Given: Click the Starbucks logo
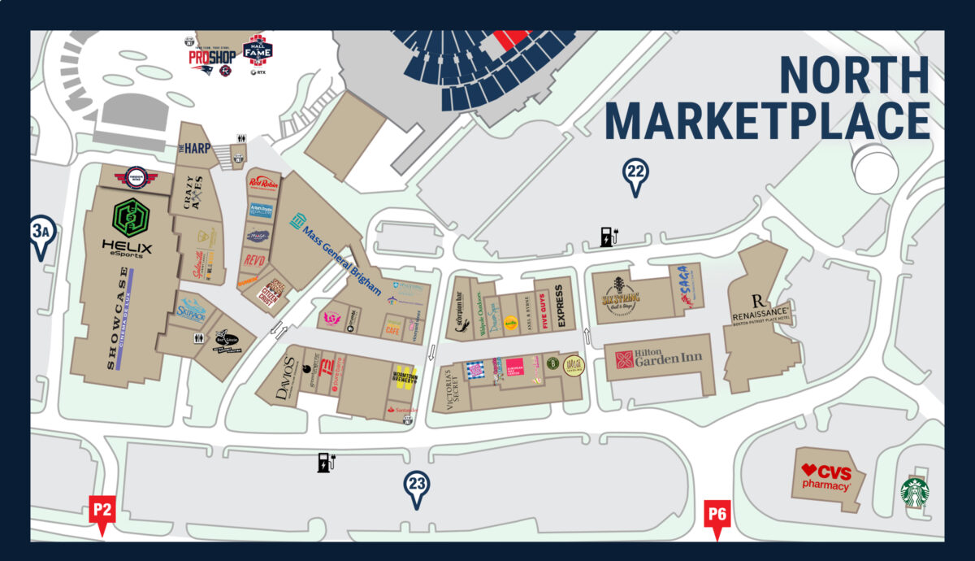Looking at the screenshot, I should pyautogui.click(x=915, y=493).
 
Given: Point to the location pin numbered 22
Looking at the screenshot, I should pyautogui.click(x=635, y=176).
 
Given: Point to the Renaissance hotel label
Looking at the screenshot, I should pyautogui.click(x=760, y=310).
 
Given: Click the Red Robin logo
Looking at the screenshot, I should pyautogui.click(x=264, y=183).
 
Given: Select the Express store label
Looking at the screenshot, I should pyautogui.click(x=561, y=306).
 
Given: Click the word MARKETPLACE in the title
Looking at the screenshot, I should pyautogui.click(x=767, y=121).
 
